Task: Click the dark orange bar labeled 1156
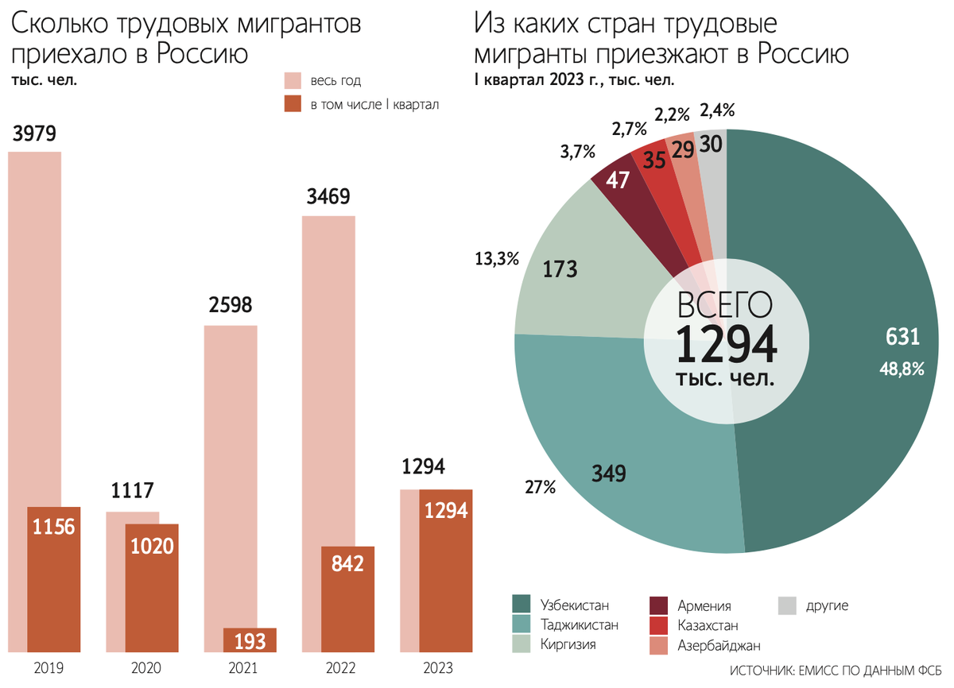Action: coord(54,580)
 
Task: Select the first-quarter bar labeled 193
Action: coord(250,640)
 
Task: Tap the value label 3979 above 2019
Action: coord(34,133)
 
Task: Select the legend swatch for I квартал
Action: coord(293,103)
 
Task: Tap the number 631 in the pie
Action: coord(902,338)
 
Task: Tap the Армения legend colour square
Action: coord(659,605)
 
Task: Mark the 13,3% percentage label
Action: coord(497,258)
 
